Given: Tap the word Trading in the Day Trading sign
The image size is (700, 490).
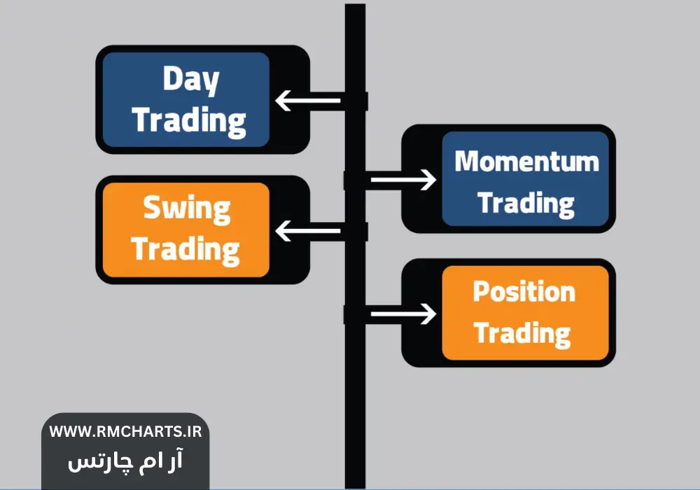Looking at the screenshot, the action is click(189, 121).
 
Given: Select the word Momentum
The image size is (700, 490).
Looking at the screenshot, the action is click(527, 161).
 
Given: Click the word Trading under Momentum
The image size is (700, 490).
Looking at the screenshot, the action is click(526, 204).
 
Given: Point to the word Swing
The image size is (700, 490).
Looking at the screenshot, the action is click(187, 209).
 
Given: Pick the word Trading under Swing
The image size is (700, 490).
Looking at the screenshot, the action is click(185, 249).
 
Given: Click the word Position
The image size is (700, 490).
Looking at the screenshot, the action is click(524, 292).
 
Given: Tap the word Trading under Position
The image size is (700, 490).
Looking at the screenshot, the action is click(522, 334).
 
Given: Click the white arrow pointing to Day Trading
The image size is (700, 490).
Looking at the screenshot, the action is click(308, 100).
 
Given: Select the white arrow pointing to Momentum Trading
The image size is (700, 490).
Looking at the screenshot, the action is click(404, 180).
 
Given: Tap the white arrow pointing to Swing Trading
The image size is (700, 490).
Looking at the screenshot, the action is click(308, 231).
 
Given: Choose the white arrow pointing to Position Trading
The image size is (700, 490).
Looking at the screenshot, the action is click(404, 314).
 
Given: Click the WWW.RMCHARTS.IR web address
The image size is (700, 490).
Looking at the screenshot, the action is click(125, 431).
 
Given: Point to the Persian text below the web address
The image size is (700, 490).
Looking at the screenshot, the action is click(125, 461).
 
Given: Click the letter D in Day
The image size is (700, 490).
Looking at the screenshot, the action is click(173, 78).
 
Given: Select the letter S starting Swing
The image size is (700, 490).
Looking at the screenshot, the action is click(152, 207).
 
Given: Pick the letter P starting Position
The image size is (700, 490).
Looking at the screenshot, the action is click(482, 292).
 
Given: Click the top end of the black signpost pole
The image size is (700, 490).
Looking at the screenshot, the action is click(356, 4).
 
